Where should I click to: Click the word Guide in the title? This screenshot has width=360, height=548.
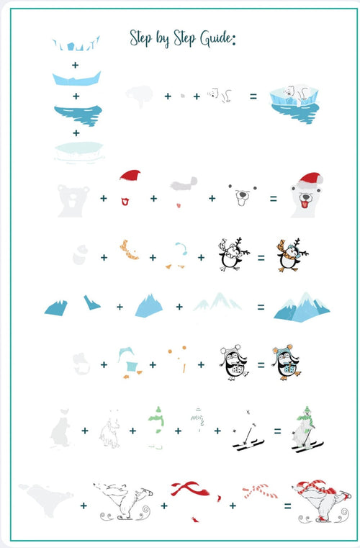tap(216, 38)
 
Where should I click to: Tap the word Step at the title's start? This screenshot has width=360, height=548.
tap(140, 38)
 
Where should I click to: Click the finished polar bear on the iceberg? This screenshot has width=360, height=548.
tap(294, 104)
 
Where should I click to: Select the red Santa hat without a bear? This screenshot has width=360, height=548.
tap(130, 175)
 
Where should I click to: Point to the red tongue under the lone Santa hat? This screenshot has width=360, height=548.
tap(125, 202)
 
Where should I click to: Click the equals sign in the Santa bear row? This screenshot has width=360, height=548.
tap(274, 199)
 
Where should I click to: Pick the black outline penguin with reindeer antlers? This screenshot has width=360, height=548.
tap(233, 254)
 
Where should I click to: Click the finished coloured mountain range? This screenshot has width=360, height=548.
tap(302, 307)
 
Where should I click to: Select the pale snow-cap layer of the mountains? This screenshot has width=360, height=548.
tap(217, 302)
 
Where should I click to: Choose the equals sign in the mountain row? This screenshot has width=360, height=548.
tap(261, 307)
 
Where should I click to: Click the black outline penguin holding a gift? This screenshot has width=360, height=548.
tap(233, 362)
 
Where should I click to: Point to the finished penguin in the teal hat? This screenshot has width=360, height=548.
tap(287, 362)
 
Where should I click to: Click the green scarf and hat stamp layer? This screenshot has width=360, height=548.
tap(156, 427)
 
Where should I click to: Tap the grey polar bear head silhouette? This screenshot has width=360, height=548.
tap(73, 201)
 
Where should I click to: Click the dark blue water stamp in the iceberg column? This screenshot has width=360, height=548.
tap(78, 115)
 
